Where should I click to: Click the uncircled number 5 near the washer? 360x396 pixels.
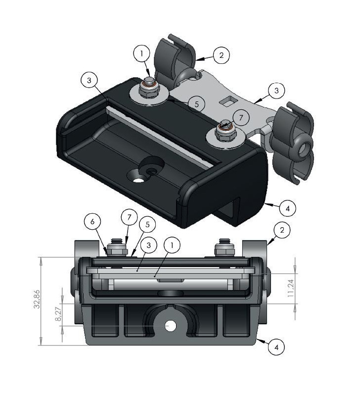196,104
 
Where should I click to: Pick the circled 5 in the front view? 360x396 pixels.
147,224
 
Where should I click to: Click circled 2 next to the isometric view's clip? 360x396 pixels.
221,55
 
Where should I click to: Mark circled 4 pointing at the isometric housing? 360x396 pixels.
287,208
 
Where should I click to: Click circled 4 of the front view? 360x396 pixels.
276,347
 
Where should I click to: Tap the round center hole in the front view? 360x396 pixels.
171,326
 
